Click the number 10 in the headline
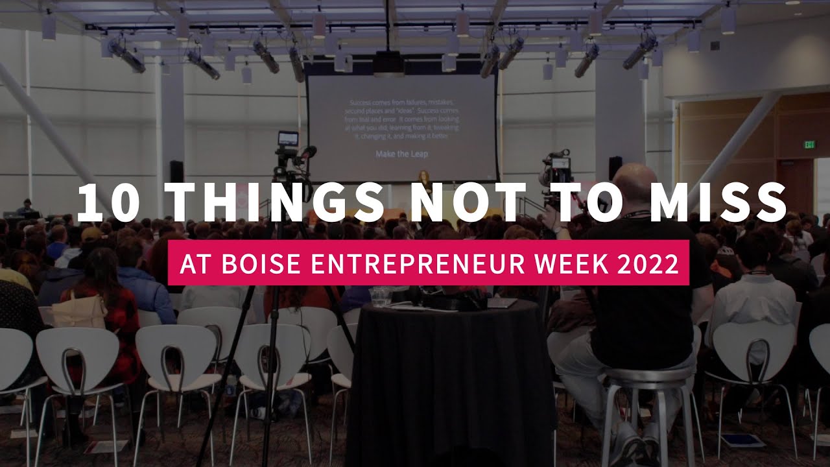[x=108, y=202]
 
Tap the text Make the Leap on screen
[x=401, y=154]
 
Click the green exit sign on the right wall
[x=810, y=145]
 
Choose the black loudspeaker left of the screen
[x=176, y=171]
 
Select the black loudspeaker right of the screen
[x=615, y=168]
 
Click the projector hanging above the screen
[x=389, y=63]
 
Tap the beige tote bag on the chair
[x=78, y=312]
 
